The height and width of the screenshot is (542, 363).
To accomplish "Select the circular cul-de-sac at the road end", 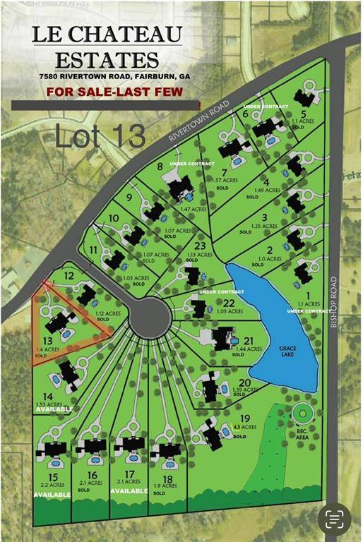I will pyautogui.click(x=150, y=318).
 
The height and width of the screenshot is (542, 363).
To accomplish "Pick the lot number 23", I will pyautogui.click(x=201, y=246).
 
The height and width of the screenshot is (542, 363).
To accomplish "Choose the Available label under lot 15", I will pyautogui.click(x=52, y=495).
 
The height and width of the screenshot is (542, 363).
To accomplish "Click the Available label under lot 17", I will pyautogui.click(x=129, y=491).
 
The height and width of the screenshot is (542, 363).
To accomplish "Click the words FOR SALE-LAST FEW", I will pyautogui.click(x=114, y=92).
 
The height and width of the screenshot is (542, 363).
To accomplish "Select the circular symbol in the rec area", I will pyautogui.click(x=304, y=412).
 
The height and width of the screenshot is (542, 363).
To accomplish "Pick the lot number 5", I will pyautogui.click(x=303, y=114).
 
